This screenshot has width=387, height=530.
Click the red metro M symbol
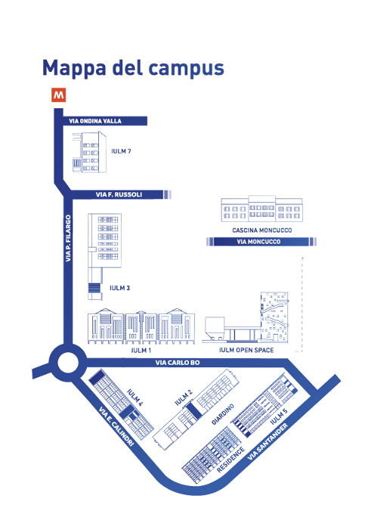(58, 95)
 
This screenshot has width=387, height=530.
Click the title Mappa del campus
(133, 69)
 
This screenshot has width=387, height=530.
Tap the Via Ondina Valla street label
(95, 121)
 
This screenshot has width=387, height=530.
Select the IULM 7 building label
(121, 151)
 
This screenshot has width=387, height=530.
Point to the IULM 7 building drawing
(89, 151)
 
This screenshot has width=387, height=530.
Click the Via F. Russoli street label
(119, 195)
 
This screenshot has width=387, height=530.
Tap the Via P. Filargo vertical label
(68, 238)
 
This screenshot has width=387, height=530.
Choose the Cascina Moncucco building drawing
(262, 208)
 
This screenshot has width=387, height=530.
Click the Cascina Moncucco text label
(262, 230)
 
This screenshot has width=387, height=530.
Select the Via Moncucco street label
(259, 242)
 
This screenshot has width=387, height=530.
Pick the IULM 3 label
(119, 288)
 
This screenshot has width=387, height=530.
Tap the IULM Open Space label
(246, 350)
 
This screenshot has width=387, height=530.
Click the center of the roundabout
(67, 363)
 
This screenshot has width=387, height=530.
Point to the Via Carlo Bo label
(178, 363)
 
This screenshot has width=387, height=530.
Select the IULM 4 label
(135, 397)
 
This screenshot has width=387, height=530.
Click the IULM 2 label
(184, 397)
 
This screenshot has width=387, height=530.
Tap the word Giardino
(223, 414)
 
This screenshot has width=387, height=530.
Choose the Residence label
(231, 460)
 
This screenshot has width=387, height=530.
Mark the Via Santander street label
(268, 441)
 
